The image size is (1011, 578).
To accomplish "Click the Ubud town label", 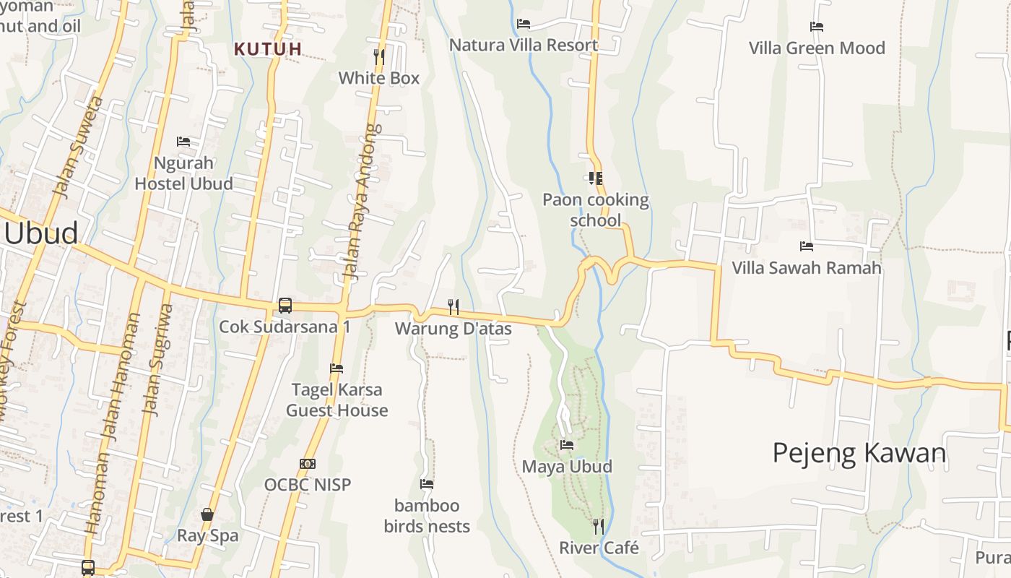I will [41, 233].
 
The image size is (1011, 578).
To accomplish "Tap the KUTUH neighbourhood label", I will [268, 49].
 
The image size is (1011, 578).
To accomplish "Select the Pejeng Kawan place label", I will [859, 453].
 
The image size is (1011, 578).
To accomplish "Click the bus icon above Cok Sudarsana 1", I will [285, 306].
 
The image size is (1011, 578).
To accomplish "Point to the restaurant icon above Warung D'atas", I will [454, 307].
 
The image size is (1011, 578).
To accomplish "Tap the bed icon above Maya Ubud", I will [567, 445].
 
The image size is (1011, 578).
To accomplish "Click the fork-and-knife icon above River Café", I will [598, 526].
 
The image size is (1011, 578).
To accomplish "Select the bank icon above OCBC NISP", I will [308, 463].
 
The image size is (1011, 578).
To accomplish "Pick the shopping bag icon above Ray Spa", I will [207, 514].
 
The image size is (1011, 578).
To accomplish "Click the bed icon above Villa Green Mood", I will [817, 27].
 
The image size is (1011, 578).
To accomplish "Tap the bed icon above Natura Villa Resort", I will [524, 24].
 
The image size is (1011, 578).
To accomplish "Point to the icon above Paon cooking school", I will [596, 178].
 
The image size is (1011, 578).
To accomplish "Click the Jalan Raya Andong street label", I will [361, 202].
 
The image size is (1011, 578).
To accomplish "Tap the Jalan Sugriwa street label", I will [158, 360].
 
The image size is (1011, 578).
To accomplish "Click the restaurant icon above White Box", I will [379, 56].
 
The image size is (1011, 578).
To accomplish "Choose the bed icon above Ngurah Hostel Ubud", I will [183, 142].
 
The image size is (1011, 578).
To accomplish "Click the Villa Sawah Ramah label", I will [807, 268].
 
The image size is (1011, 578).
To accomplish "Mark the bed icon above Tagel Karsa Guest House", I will [337, 368].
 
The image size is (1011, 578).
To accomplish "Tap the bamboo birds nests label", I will [427, 516].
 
